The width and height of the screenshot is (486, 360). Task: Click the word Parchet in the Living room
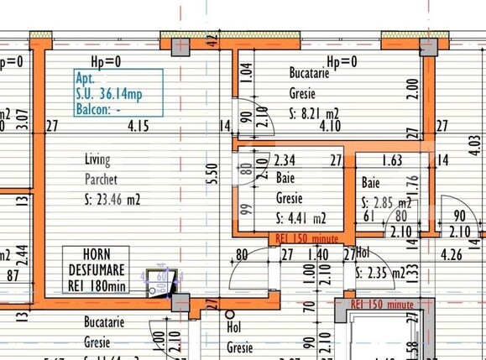101,179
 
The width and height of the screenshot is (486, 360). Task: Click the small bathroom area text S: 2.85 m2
386,203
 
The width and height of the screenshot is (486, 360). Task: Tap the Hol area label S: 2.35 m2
382,271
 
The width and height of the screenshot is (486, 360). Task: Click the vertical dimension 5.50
215,172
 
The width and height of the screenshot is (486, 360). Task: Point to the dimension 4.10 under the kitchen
330,128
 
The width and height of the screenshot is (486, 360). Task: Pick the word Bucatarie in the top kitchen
309,74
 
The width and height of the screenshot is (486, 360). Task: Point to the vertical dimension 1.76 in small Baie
413,182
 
